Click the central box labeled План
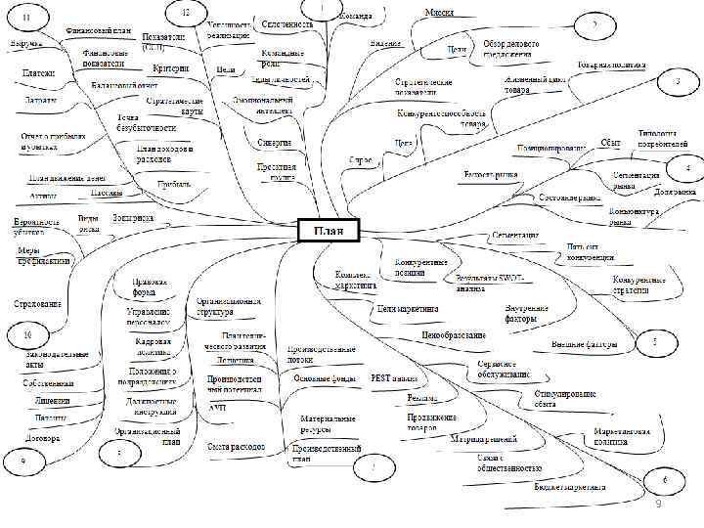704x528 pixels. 328,230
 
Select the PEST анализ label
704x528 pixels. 395,377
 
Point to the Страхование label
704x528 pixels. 33,304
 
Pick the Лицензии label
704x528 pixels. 53,401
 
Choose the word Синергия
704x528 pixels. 275,143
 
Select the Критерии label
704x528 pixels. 171,68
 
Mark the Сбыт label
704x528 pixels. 611,143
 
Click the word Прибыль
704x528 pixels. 174,183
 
